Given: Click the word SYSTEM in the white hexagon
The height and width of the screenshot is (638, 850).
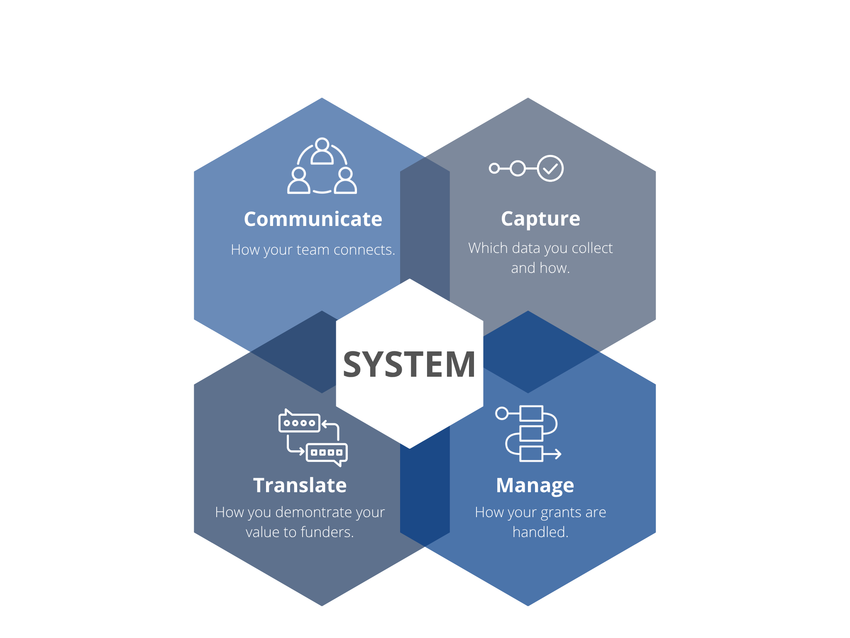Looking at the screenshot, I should coord(409,365).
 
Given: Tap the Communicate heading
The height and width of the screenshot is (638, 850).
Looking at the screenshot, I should coord(313,219).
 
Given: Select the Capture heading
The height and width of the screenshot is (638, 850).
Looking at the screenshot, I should coord(540,219).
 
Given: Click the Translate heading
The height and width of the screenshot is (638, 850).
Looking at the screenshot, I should coord(300,485).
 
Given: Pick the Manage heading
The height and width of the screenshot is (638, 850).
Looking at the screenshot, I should coord(535,485).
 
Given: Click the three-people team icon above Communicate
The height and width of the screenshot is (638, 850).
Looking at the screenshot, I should coord(322,166).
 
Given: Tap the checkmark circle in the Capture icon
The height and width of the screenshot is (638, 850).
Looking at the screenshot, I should coord(550,168).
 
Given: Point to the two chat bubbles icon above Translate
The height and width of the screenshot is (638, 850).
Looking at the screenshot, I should coord(313,438).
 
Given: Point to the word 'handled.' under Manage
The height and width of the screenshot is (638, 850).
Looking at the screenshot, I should coord(540,532).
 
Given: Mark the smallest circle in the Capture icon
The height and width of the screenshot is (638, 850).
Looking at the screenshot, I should coord(494,168).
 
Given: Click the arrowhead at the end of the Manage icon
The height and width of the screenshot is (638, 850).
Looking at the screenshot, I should coord(558,454).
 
